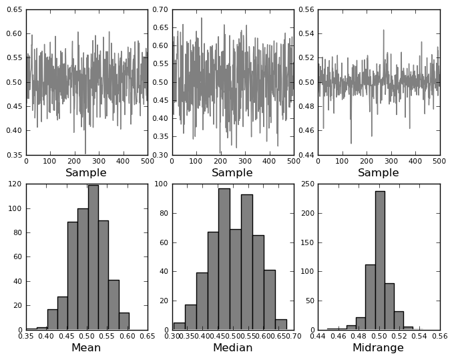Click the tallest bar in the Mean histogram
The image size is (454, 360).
(x=93, y=257)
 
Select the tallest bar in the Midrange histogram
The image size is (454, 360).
(x=380, y=260)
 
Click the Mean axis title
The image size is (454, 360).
(x=86, y=348)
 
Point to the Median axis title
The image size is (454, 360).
(x=232, y=348)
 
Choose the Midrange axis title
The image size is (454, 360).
(x=379, y=348)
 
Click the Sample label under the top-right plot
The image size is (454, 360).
(x=379, y=173)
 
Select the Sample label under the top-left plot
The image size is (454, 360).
(x=86, y=173)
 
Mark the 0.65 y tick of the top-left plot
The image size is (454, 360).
(x=15, y=10)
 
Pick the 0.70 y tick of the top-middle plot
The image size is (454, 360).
(x=161, y=10)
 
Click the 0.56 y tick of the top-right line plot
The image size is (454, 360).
(x=306, y=10)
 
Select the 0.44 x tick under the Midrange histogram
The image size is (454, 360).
(x=318, y=337)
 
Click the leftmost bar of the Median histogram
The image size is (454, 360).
(x=179, y=326)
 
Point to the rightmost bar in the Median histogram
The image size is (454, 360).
(x=281, y=325)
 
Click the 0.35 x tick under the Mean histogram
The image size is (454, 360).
(x=27, y=337)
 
